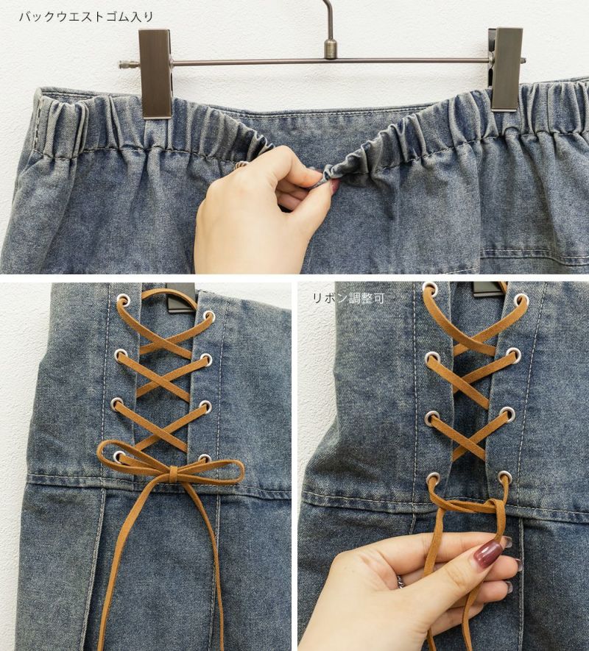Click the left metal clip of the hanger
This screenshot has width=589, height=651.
tap(155, 74)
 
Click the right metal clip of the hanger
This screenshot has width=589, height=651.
tap(506, 69)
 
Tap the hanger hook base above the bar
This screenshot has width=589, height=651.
tap(330, 49)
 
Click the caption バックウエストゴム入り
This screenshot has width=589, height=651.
tap(86, 17)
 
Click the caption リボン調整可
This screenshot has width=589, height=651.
tap(348, 298)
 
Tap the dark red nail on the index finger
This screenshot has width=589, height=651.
tap(487, 554)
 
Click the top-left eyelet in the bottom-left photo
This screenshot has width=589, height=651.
tap(123, 299)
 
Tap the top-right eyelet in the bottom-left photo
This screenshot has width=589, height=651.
tap(209, 317)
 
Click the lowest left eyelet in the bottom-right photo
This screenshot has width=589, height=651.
tap(433, 478)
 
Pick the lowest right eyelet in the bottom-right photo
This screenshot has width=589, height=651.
tap(504, 476)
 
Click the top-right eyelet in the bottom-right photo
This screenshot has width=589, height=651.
tap(521, 300)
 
